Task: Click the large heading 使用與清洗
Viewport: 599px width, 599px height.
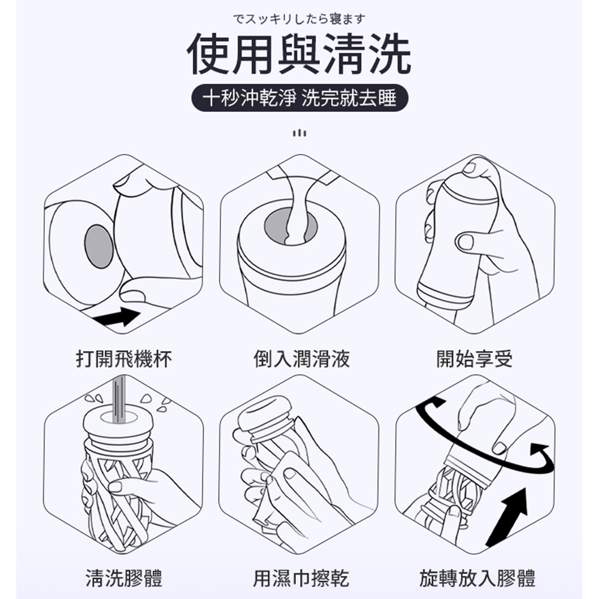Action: (x=299, y=55)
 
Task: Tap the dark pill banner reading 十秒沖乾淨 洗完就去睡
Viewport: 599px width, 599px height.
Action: (x=299, y=98)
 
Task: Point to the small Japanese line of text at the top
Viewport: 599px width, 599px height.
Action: (x=299, y=19)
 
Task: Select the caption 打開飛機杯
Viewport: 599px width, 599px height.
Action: (x=124, y=359)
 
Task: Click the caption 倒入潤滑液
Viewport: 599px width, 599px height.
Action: (x=301, y=359)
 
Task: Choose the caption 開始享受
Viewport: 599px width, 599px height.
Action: (x=474, y=359)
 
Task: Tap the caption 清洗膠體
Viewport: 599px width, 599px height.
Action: (x=124, y=577)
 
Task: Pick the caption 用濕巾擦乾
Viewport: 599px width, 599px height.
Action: (x=301, y=577)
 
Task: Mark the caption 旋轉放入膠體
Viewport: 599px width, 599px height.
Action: (x=477, y=577)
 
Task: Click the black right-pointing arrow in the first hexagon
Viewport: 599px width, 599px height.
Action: (x=117, y=316)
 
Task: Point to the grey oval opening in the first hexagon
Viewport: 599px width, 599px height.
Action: (x=99, y=246)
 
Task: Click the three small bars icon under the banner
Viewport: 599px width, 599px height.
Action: (x=299, y=134)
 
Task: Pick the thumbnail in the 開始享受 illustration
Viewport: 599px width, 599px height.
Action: (x=465, y=242)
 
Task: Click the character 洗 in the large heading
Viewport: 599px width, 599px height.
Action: (x=390, y=55)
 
